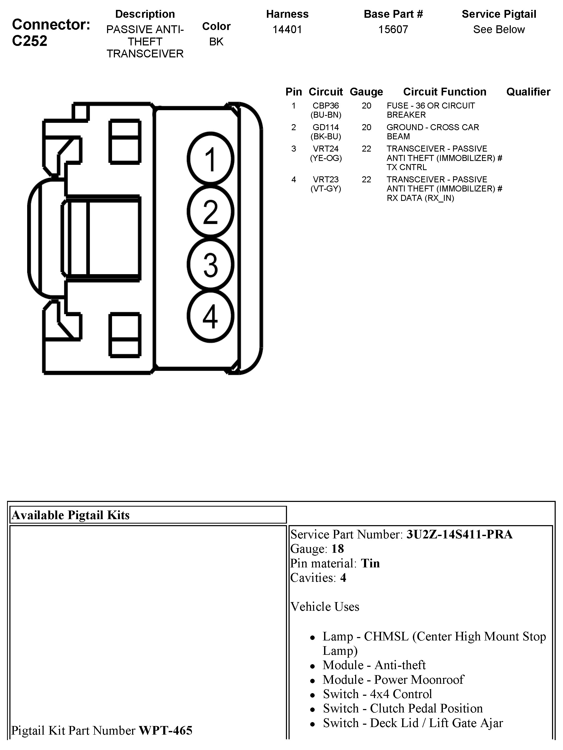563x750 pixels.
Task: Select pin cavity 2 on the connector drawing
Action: click(x=210, y=212)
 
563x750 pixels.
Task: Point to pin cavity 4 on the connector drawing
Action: click(x=210, y=317)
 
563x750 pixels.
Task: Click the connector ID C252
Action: click(x=30, y=41)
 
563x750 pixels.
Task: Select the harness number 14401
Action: click(x=287, y=29)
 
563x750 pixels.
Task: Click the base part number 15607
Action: click(x=393, y=29)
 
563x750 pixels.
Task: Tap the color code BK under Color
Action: click(x=216, y=42)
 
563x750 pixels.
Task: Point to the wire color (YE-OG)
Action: click(x=326, y=158)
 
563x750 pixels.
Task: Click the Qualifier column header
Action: click(x=528, y=92)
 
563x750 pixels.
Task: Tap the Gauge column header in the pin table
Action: click(x=366, y=92)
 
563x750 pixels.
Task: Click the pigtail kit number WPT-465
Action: click(x=166, y=730)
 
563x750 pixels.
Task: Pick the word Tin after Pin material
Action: click(x=370, y=563)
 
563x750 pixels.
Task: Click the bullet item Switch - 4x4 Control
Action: click(x=377, y=694)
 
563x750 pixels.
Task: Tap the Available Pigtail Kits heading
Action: click(x=71, y=515)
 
